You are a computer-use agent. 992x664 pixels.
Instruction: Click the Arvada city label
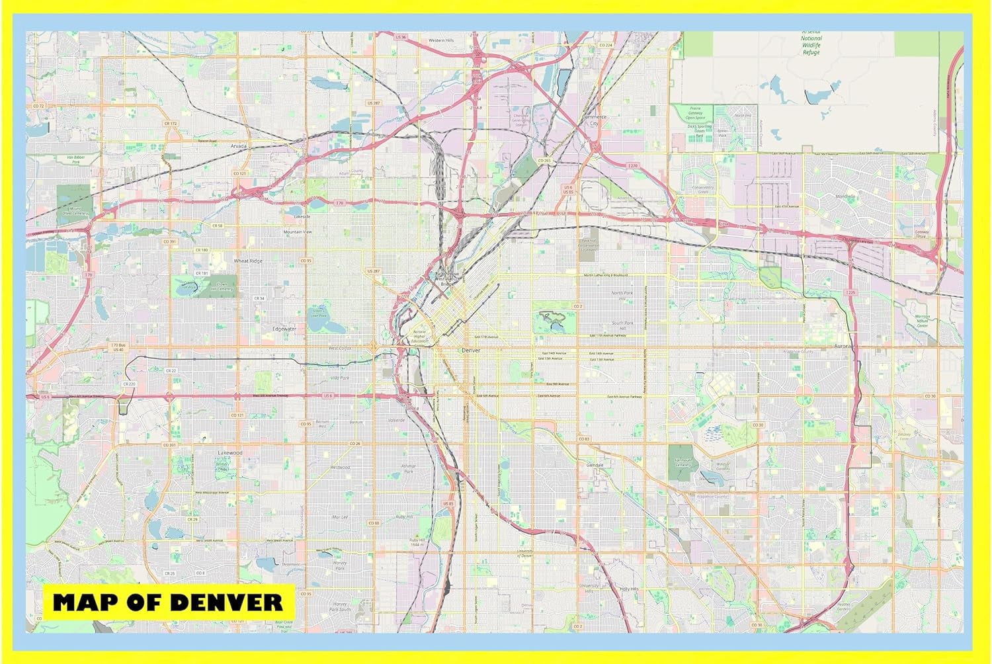[x=239, y=145]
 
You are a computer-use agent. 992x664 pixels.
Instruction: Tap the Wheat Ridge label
[x=248, y=261]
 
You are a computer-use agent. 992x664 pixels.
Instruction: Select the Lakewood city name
[x=230, y=453]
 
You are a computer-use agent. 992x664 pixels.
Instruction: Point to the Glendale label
[x=595, y=465]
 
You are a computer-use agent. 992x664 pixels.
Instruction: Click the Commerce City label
[x=594, y=120]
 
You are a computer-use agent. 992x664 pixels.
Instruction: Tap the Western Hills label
[x=441, y=40]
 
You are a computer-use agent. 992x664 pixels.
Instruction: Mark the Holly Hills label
[x=629, y=589]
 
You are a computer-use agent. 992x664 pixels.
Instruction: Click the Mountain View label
[x=298, y=232]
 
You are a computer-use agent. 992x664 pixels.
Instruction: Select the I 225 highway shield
[x=850, y=292]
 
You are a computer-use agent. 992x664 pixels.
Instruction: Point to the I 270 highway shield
[x=634, y=166]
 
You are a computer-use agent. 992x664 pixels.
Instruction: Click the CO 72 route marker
[x=38, y=106]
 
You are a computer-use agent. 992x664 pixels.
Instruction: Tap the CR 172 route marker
[x=171, y=124]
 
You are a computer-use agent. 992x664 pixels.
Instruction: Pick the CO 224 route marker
[x=606, y=45]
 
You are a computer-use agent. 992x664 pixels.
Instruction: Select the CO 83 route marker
[x=583, y=438]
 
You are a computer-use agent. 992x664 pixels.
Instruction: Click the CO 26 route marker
[x=354, y=443]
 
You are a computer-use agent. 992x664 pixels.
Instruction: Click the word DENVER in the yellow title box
[x=226, y=602]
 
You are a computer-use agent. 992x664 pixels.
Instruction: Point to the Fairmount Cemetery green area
[x=682, y=463]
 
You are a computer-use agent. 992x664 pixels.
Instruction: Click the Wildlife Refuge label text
[x=811, y=45]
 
